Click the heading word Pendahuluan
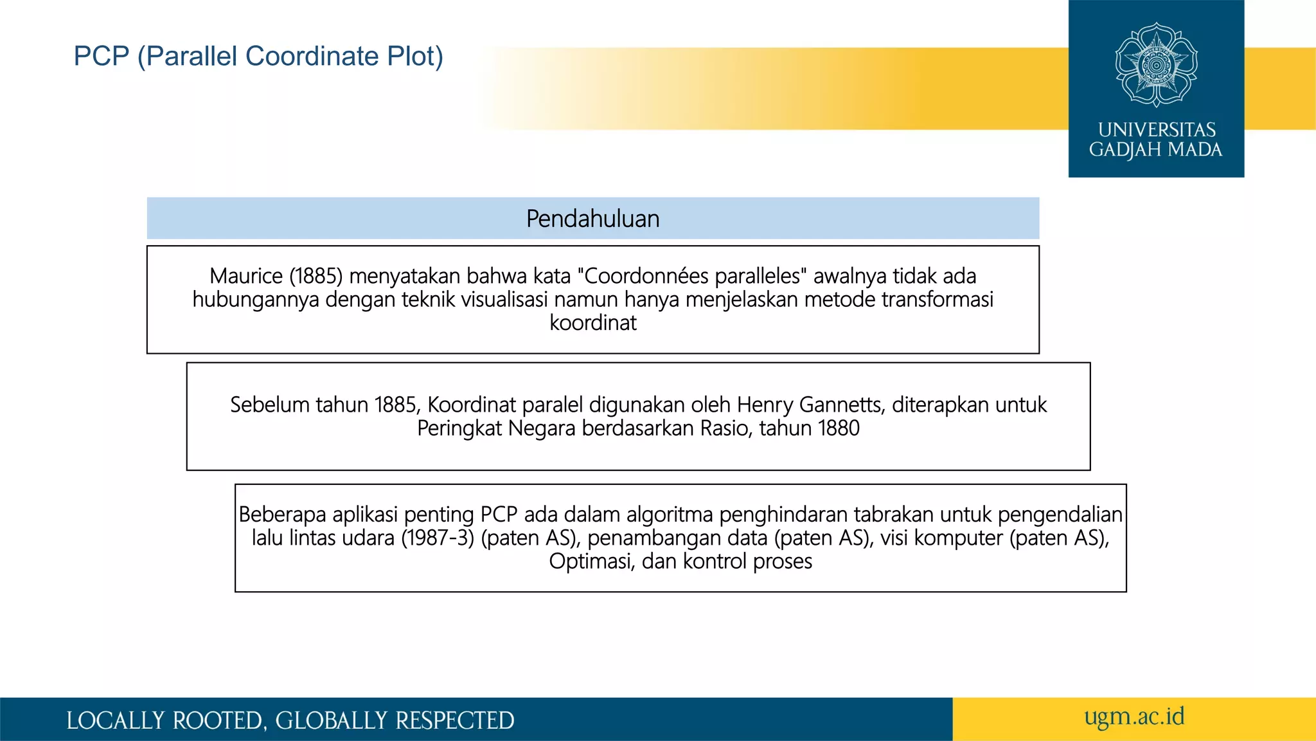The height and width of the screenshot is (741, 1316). (x=592, y=219)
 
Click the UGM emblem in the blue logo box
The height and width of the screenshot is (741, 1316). (x=1156, y=64)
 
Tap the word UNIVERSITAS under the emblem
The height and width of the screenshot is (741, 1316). (x=1157, y=130)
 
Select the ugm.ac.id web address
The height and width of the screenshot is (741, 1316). (x=1134, y=717)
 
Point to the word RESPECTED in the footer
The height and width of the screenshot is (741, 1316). (x=454, y=720)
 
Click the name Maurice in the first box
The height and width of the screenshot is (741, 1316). (x=246, y=276)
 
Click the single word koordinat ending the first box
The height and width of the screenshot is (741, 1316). (x=592, y=322)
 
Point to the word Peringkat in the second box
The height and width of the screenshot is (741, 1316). (x=459, y=428)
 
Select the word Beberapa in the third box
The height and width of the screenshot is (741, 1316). (x=283, y=515)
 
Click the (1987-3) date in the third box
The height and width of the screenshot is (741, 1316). (x=438, y=538)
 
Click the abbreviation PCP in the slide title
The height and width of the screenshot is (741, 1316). (x=102, y=57)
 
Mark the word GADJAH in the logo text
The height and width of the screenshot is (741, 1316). (x=1125, y=150)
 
